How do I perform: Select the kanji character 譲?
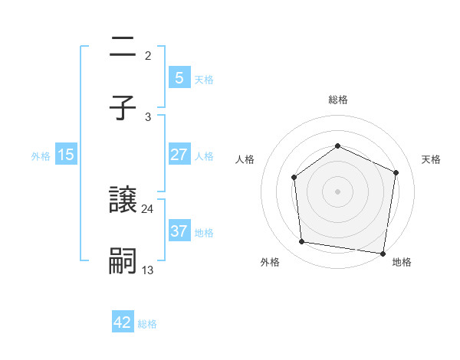[123, 201]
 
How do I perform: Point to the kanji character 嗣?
[123, 261]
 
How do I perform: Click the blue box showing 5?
[179, 77]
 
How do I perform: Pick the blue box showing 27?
[179, 155]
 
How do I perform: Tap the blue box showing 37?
[179, 231]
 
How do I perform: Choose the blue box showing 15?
[66, 155]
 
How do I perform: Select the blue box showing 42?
[123, 322]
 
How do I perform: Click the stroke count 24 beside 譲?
[148, 208]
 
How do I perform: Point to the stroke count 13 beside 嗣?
[148, 270]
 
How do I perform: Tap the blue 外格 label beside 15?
[41, 155]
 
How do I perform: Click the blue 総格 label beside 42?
[147, 323]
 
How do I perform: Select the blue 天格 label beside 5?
[204, 79]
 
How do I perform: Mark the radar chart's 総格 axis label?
[337, 100]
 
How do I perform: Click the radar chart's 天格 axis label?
[431, 159]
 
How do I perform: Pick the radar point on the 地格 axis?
[383, 253]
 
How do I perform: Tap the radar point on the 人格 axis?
[294, 178]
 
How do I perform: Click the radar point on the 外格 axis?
[302, 242]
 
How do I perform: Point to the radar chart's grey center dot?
[337, 191]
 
